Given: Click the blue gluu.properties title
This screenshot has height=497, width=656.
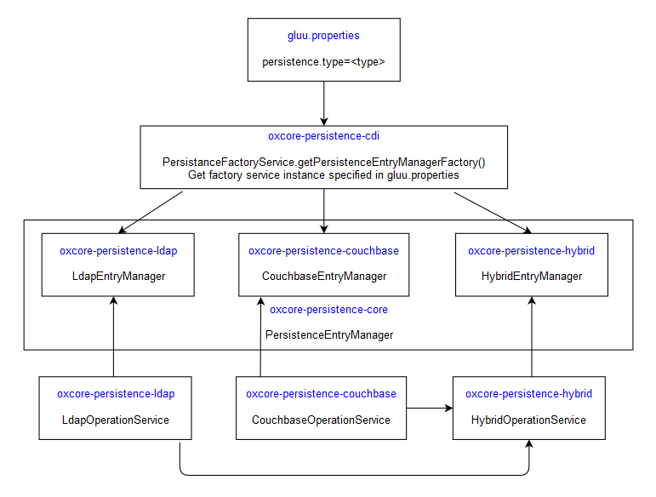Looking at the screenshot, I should [323, 36].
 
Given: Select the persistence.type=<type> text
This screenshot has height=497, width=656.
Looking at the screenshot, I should [323, 63].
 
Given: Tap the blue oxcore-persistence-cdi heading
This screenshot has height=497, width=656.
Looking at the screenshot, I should [323, 135].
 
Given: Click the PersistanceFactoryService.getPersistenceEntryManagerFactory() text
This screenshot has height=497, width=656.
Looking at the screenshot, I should [323, 162].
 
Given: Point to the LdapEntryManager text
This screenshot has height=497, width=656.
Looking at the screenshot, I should [118, 276].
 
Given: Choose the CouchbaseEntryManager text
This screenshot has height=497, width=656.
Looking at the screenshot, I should [323, 276].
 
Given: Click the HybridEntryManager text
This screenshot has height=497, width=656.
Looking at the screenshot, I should [531, 276].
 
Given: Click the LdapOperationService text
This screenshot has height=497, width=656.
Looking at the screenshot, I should [116, 420].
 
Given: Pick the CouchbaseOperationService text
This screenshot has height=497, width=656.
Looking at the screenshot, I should [321, 420].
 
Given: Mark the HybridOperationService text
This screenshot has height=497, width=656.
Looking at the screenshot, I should [528, 420].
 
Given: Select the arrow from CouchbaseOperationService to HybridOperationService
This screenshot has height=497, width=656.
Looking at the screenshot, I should [429, 408].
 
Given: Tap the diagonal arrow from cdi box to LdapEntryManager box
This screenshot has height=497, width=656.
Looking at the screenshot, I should [151, 211].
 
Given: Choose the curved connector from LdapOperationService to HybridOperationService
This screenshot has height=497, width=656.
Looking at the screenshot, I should [353, 474].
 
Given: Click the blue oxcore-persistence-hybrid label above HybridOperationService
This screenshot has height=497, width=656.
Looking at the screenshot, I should [528, 394].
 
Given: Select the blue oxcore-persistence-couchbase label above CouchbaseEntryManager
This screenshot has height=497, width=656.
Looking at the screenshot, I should [323, 251].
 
